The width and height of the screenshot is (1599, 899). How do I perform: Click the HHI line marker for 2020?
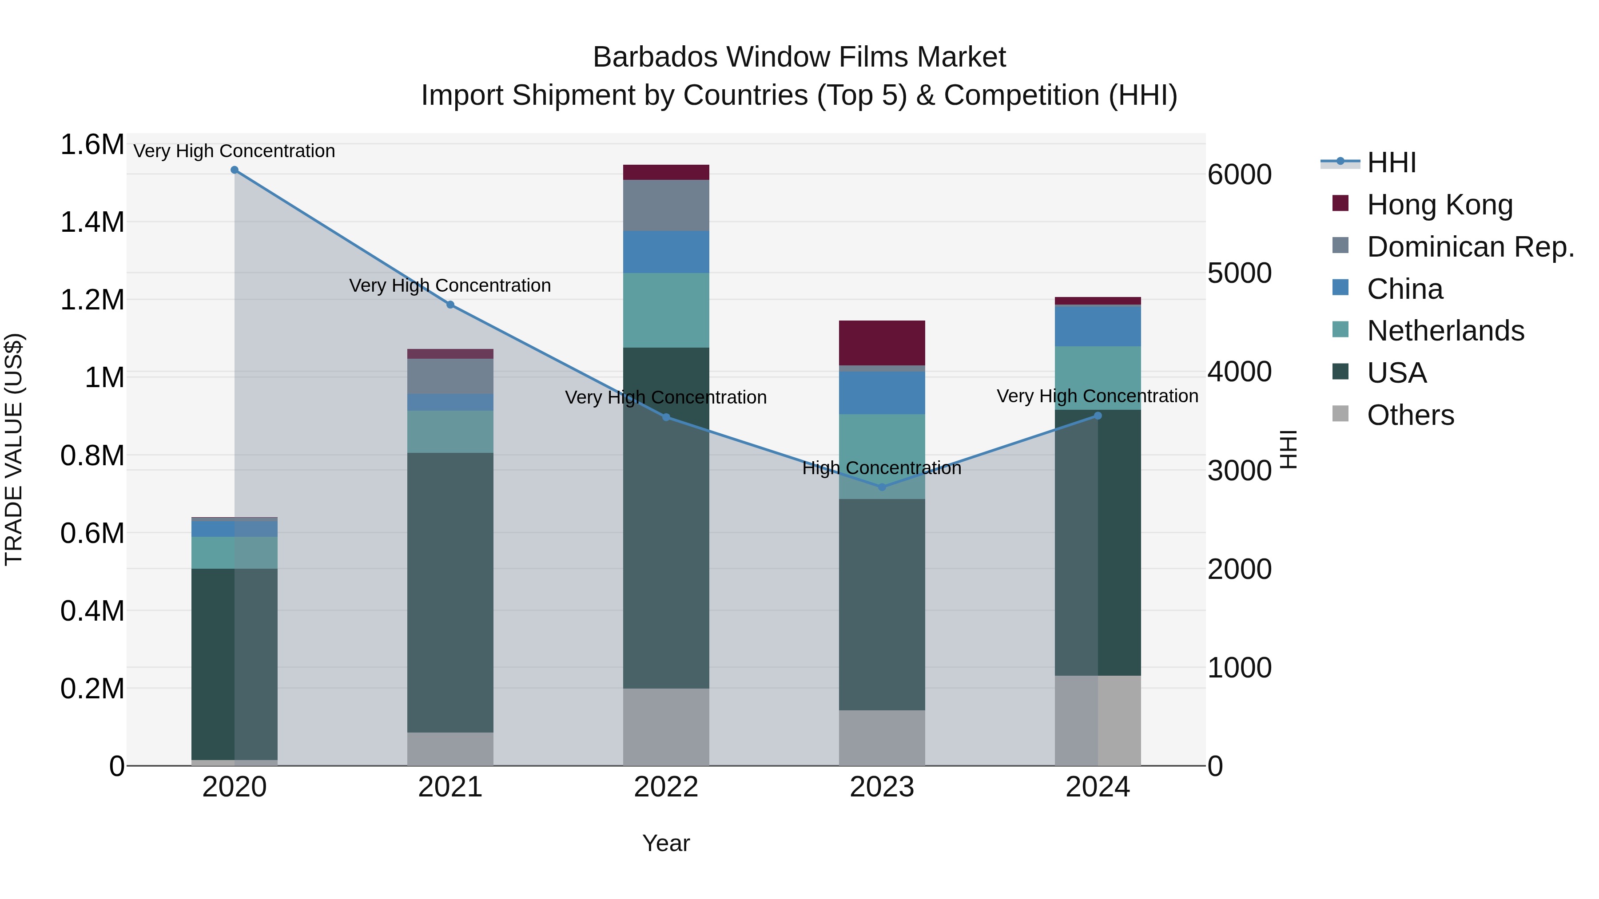tap(235, 170)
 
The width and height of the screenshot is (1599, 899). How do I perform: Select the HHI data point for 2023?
tap(882, 487)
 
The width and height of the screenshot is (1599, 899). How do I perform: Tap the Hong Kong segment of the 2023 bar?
tap(882, 343)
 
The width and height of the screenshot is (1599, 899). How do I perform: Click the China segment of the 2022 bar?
tap(666, 252)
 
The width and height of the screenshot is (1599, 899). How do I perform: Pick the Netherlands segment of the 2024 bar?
tap(1098, 378)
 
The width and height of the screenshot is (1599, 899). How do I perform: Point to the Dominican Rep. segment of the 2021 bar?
tap(450, 376)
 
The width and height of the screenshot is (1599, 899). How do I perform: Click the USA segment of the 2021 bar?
tap(450, 593)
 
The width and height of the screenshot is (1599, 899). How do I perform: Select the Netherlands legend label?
tap(1445, 331)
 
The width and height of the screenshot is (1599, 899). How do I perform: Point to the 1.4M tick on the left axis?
tap(92, 222)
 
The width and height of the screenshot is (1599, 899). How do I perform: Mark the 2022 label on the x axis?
tap(666, 787)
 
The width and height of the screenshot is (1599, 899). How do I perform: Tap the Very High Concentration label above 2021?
tap(450, 285)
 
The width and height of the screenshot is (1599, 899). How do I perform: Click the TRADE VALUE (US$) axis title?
tap(14, 449)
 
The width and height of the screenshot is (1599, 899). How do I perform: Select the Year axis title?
tap(666, 843)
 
